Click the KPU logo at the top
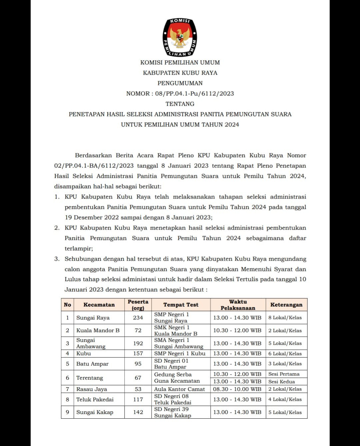point(180,37)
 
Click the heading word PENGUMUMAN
point(180,83)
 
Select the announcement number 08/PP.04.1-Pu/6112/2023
point(194,93)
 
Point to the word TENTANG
point(180,104)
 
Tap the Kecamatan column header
point(99,305)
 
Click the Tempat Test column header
point(181,305)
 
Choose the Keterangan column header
point(286,305)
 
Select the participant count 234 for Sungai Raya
point(138,318)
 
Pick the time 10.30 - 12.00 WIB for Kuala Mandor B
point(237,330)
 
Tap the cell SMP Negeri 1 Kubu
point(180,353)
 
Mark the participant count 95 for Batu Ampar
point(138,364)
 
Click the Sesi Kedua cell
point(282,382)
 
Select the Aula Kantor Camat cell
point(179,389)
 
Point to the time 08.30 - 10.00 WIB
point(237,389)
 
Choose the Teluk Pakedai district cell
point(95,399)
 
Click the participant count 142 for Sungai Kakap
point(138,412)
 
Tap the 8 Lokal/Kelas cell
point(285,318)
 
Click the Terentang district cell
point(90,378)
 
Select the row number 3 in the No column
point(67,343)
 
